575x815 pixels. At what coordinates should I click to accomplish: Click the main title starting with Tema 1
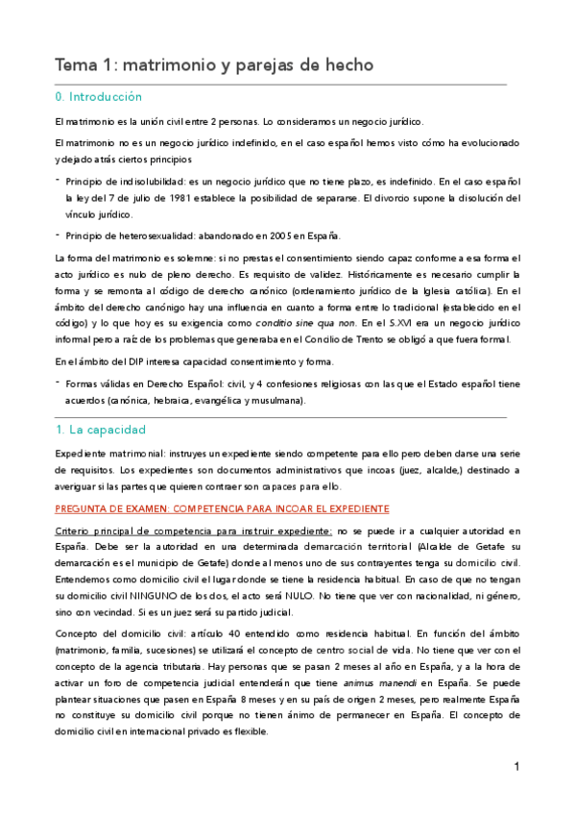(x=213, y=65)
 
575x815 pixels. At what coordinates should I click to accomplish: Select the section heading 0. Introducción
(x=99, y=98)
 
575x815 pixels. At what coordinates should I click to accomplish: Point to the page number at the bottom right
(x=516, y=767)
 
